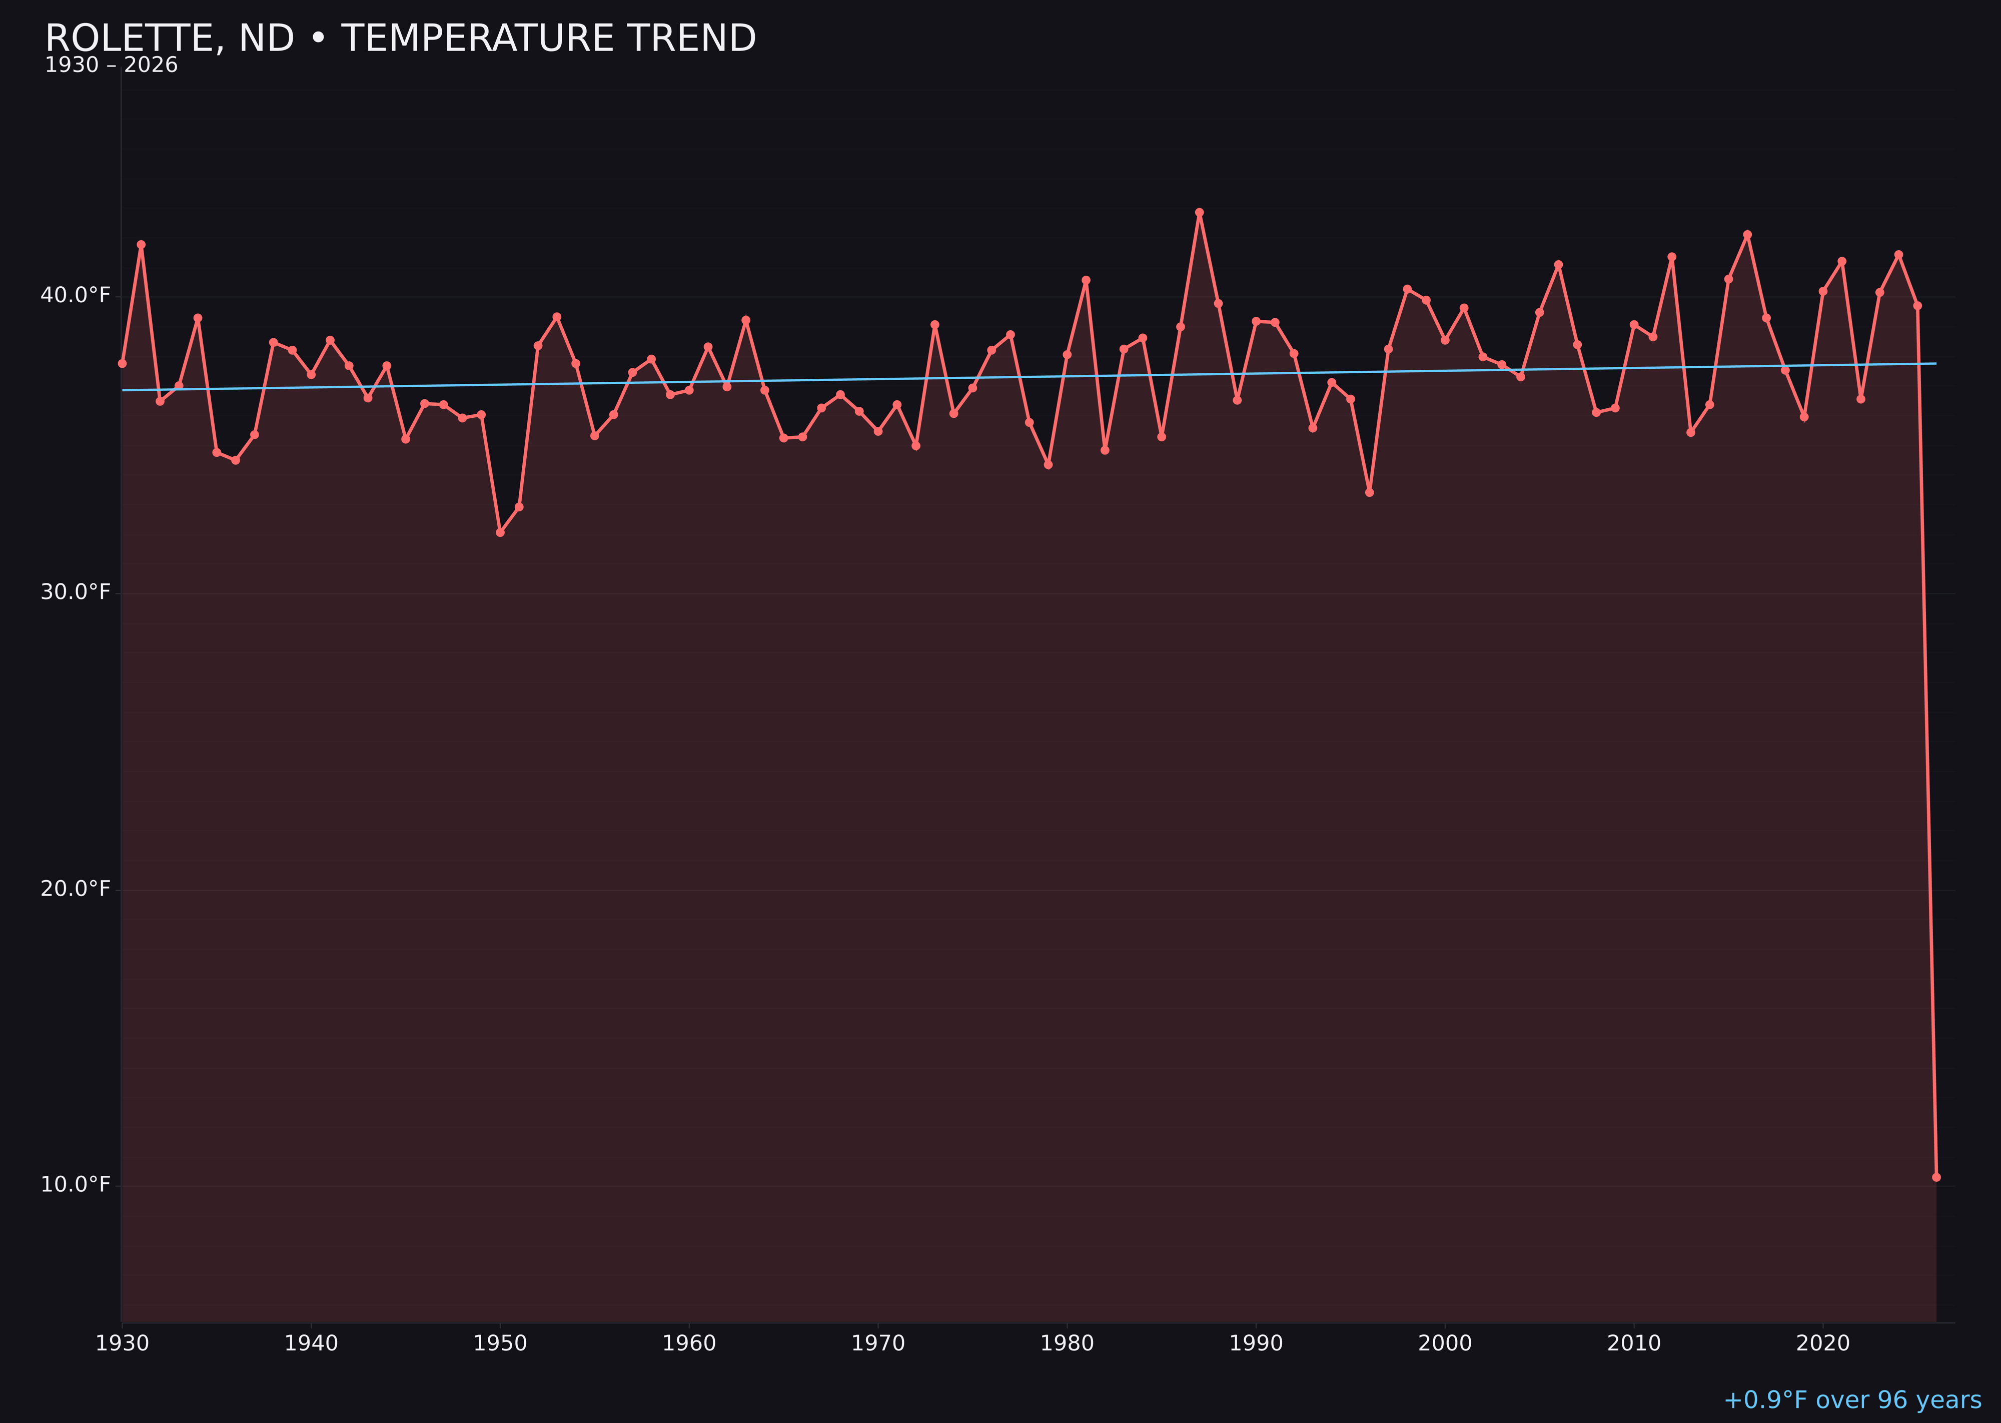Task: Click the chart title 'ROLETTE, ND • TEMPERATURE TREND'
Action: [x=400, y=39]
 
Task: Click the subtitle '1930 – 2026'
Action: [x=111, y=66]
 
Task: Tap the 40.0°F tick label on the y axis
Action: [x=76, y=295]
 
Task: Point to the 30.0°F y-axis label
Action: [x=76, y=592]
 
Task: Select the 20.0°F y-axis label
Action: [x=76, y=889]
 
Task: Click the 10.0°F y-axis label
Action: [x=76, y=1185]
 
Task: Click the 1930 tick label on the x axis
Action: [x=122, y=1343]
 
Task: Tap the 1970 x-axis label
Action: [x=878, y=1343]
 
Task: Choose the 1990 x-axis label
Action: [x=1256, y=1343]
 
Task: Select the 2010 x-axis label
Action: [x=1634, y=1343]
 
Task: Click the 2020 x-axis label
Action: [x=1823, y=1343]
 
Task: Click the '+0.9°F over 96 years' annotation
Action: [x=1852, y=1400]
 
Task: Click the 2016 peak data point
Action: [x=1747, y=235]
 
